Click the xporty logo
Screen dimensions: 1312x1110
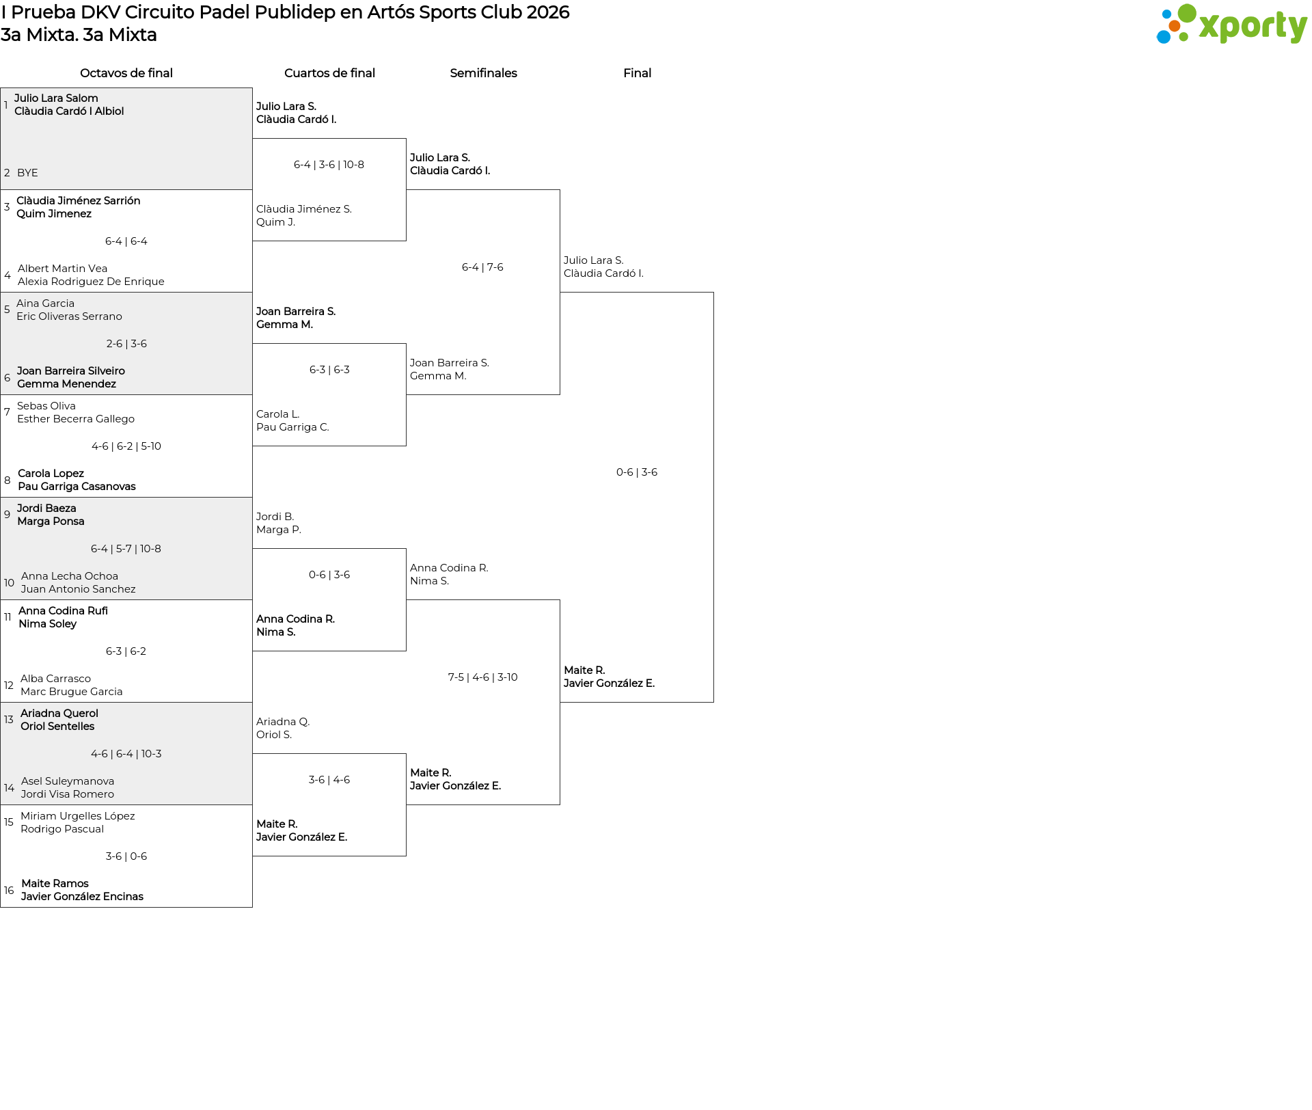pos(1231,25)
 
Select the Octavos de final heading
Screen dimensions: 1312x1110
pos(126,73)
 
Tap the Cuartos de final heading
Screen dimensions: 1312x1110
pos(329,73)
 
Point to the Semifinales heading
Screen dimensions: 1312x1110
pos(483,73)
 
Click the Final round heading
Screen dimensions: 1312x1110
pos(637,73)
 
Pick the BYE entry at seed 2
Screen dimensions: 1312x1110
pos(27,173)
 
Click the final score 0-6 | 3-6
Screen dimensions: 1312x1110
pos(637,472)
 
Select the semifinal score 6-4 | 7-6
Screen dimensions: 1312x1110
pos(482,267)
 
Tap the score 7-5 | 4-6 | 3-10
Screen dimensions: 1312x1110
pos(483,677)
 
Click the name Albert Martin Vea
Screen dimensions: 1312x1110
pos(62,269)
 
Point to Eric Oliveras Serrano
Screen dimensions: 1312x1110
pos(69,316)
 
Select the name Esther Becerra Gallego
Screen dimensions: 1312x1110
pos(76,419)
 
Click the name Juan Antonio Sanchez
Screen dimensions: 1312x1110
pos(78,589)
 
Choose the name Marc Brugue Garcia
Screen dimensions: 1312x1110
pos(72,692)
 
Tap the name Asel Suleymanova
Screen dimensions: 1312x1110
pos(68,781)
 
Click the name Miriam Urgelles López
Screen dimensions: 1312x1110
pos(78,816)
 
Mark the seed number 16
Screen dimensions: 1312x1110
pos(9,891)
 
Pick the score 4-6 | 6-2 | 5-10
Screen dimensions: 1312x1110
pos(126,446)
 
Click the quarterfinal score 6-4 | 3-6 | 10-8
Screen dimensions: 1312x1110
pos(329,165)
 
